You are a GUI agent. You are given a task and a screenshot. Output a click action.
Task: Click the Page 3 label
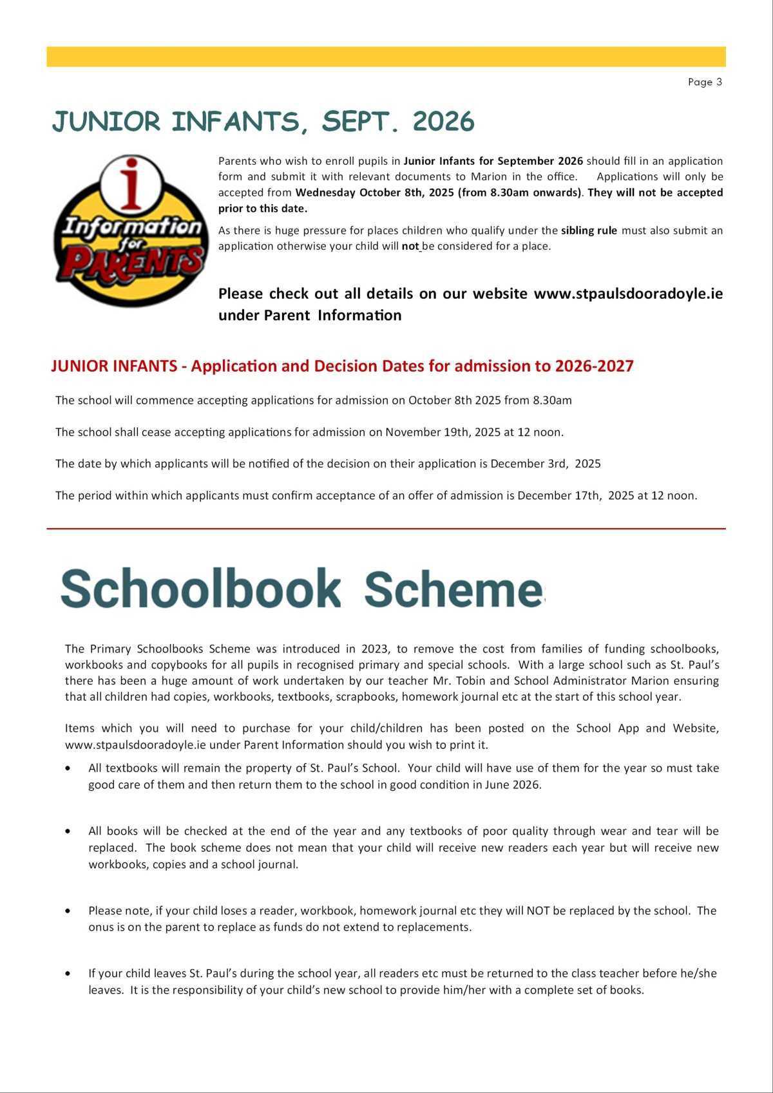coord(705,82)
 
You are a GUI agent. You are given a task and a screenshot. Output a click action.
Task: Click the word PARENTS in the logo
coord(135,263)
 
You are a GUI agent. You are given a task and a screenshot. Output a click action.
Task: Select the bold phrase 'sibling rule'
coord(589,231)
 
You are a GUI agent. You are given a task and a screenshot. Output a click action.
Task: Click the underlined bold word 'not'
coord(410,246)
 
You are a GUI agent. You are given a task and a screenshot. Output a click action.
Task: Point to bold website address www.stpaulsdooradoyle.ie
coord(628,294)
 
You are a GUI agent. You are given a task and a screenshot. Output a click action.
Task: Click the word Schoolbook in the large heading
coord(200,589)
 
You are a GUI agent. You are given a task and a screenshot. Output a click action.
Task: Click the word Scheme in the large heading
coord(453,589)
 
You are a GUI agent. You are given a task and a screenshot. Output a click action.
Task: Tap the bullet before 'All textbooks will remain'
coord(68,768)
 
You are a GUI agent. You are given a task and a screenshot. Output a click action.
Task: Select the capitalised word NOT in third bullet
coord(538,911)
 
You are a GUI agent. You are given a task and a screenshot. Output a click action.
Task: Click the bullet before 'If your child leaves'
coord(68,974)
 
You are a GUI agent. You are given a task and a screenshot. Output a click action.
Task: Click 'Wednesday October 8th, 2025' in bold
coord(374,193)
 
